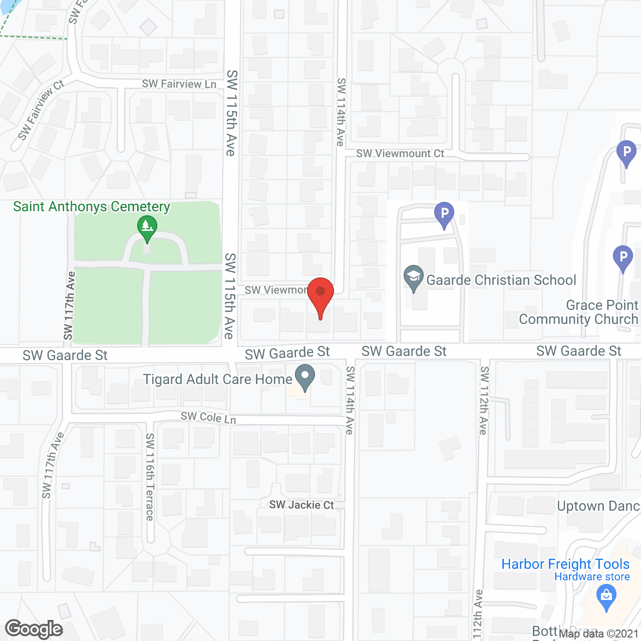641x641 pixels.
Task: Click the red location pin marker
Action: pyautogui.click(x=320, y=296)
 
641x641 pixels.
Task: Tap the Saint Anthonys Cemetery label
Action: pyautogui.click(x=92, y=207)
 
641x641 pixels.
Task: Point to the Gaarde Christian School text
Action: pyautogui.click(x=501, y=280)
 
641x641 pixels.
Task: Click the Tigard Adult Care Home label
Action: pyautogui.click(x=217, y=379)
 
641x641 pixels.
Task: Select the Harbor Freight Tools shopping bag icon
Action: pyautogui.click(x=606, y=597)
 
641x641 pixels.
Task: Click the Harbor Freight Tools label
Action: pyautogui.click(x=565, y=564)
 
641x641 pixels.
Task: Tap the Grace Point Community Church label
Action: pyautogui.click(x=579, y=312)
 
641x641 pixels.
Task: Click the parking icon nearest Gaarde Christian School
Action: pyautogui.click(x=444, y=214)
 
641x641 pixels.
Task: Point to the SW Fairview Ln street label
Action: pyautogui.click(x=179, y=84)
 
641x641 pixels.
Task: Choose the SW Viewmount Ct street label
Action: pyautogui.click(x=400, y=153)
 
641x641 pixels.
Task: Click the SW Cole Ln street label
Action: pyautogui.click(x=208, y=417)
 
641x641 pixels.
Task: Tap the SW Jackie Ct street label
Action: pyautogui.click(x=301, y=505)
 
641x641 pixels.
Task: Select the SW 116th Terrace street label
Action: pyautogui.click(x=150, y=477)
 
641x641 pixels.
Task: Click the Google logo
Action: pyautogui.click(x=34, y=629)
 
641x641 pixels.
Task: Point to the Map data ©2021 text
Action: pyautogui.click(x=598, y=633)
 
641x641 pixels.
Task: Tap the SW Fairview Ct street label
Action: pyautogui.click(x=41, y=110)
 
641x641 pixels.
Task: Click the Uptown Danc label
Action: pyautogui.click(x=598, y=506)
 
